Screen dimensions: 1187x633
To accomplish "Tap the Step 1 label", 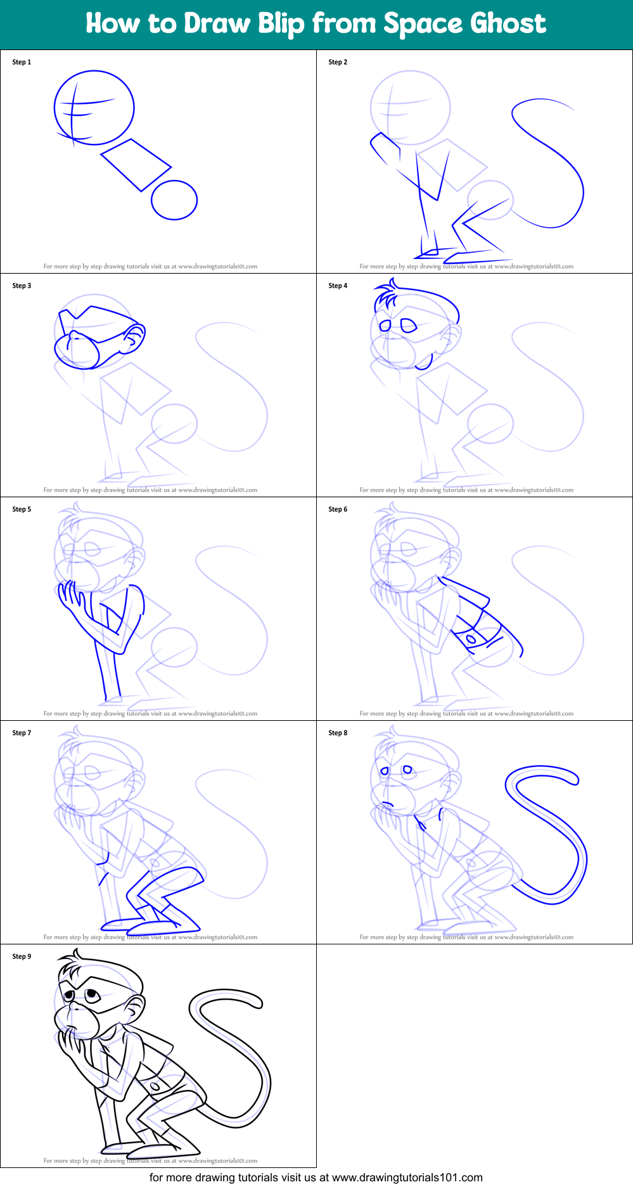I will (22, 62).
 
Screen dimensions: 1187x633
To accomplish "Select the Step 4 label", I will (338, 286).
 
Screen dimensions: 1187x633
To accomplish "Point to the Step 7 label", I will (22, 733).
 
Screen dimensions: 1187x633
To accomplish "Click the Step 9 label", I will (22, 956).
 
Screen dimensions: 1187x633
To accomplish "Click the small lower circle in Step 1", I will (174, 200).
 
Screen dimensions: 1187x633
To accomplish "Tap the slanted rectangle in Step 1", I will (136, 165).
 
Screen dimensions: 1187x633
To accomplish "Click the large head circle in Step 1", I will (94, 108).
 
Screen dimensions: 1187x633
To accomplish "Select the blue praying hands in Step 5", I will (70, 598).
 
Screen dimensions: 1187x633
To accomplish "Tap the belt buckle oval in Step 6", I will (471, 639).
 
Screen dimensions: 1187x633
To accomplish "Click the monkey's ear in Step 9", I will (136, 1007).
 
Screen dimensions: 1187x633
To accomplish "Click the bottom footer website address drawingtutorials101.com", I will (407, 1177).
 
